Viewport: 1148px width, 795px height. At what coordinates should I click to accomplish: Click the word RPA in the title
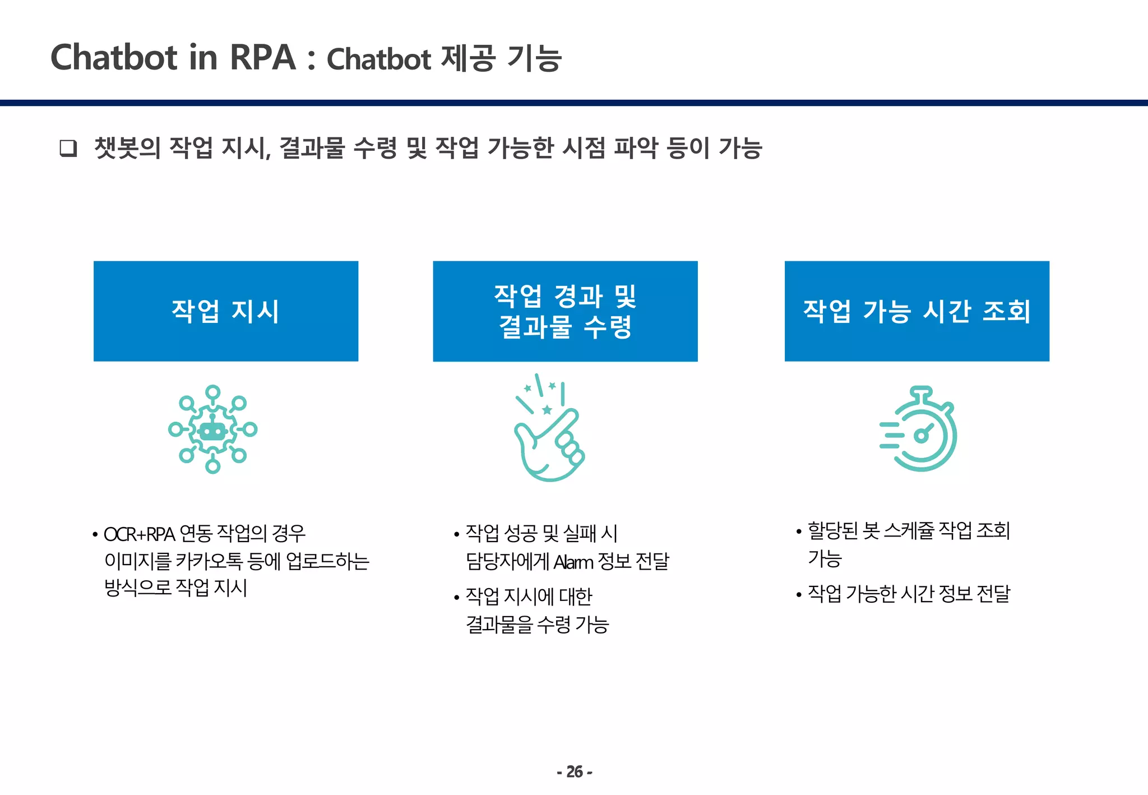coord(262,57)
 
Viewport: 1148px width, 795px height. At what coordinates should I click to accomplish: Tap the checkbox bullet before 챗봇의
coord(68,149)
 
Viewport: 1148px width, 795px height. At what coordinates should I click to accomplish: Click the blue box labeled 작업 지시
coord(225,311)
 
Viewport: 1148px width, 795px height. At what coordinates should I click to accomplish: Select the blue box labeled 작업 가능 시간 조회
coord(916,311)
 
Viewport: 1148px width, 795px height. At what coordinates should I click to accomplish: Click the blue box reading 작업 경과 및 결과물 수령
coord(565,311)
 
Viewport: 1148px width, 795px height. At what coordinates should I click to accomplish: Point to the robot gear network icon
coord(212,429)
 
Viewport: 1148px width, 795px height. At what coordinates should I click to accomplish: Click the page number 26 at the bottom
coord(574,772)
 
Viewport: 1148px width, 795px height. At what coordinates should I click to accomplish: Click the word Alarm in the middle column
coord(573,562)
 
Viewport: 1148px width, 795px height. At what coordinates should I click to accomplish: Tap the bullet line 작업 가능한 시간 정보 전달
coord(908,594)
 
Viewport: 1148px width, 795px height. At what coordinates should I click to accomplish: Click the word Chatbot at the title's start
coord(114,57)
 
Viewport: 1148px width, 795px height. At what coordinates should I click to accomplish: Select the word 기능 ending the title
coord(534,58)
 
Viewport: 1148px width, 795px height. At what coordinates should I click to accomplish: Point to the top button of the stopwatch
coord(921,392)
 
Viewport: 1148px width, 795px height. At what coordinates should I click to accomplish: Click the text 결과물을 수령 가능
coord(537,625)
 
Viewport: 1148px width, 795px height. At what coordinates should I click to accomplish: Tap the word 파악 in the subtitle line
coord(636,148)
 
